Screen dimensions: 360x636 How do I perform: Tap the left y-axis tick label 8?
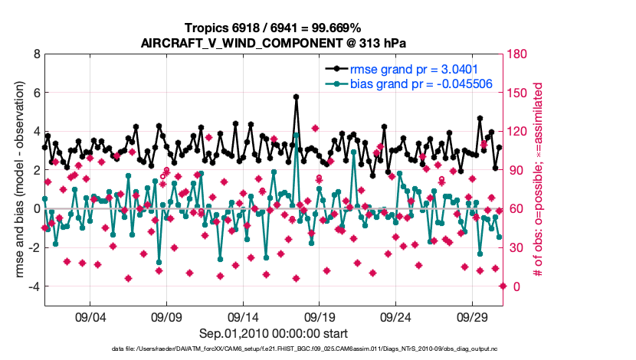coord(35,54)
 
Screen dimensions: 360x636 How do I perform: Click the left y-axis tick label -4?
coord(33,286)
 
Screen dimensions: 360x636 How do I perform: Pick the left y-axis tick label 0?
coord(35,208)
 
